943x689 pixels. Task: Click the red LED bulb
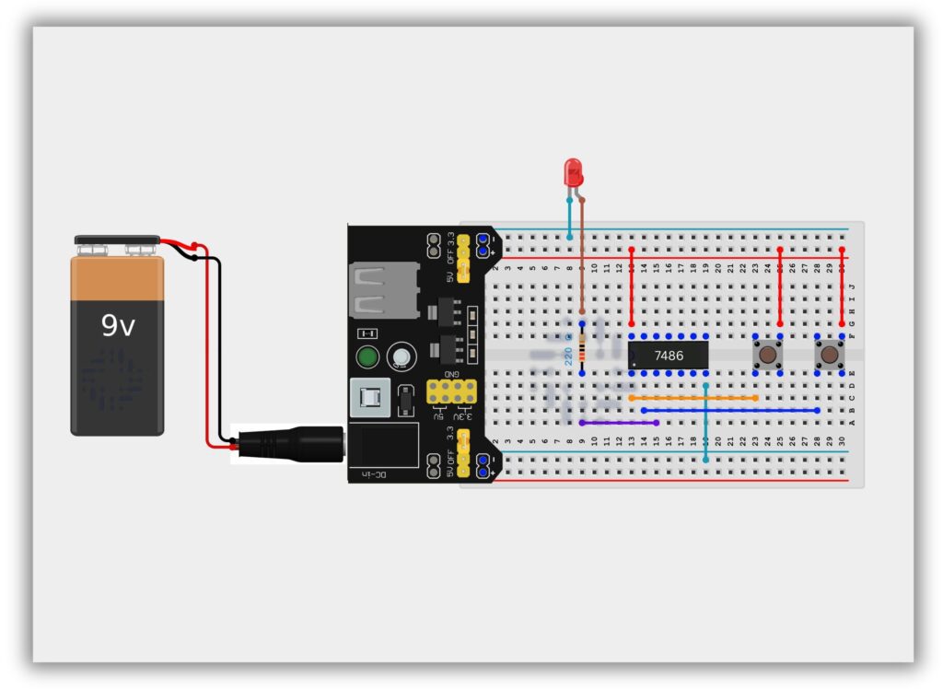pos(573,170)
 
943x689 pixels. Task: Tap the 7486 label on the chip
pos(669,355)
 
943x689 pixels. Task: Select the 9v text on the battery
pos(118,325)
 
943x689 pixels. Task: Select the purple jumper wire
pos(619,423)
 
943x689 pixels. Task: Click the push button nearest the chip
pos(767,355)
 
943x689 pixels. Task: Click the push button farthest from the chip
pos(830,355)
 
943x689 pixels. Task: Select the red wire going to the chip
pos(632,286)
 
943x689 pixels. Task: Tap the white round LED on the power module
pos(401,356)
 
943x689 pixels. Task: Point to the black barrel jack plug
pos(285,444)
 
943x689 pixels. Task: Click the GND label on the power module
pos(452,375)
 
